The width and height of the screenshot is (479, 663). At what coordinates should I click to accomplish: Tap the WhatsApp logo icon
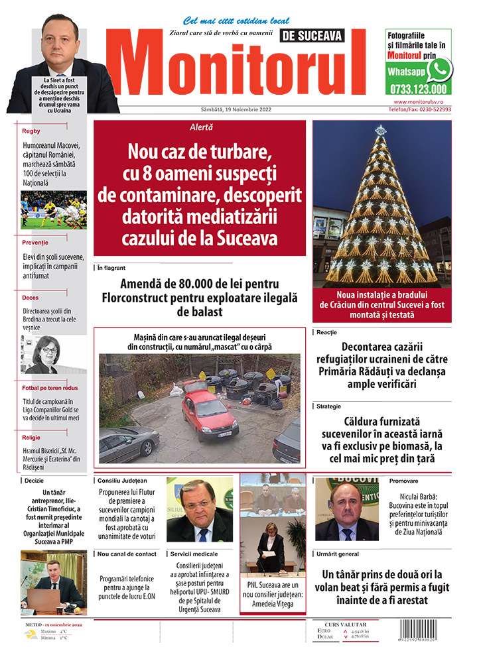[439, 69]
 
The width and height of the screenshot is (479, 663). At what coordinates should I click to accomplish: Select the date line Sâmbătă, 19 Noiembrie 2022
[236, 109]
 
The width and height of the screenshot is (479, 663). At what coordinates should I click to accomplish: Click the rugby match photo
[54, 210]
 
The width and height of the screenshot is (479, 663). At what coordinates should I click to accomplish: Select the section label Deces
[31, 298]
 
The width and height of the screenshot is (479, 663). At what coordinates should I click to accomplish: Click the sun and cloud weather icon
[31, 634]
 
